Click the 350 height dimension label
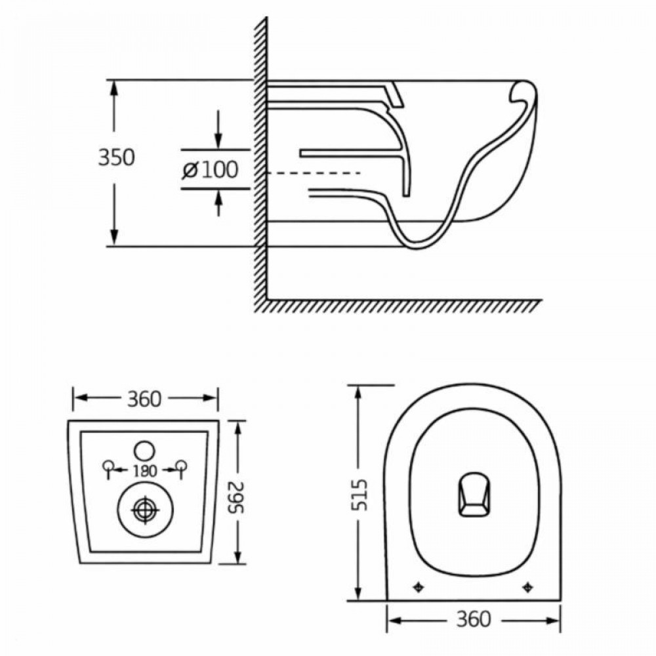point(116,158)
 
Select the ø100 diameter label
point(210,171)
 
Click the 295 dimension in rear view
point(239,493)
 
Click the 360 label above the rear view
point(144,398)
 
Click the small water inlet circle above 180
point(144,451)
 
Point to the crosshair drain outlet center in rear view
point(144,510)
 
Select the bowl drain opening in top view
point(472,493)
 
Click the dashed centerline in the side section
point(315,173)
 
